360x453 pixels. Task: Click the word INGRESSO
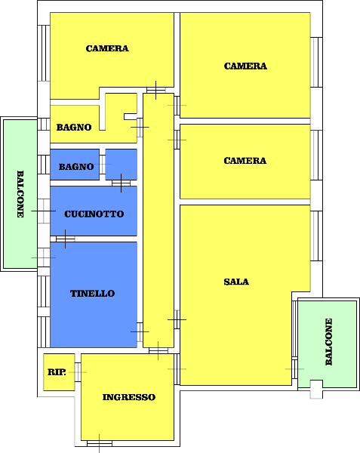129,397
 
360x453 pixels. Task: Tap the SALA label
236,282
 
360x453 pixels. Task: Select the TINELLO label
92,294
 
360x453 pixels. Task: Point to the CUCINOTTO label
94,214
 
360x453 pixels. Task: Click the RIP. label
57,372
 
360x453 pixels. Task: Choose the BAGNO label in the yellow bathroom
74,128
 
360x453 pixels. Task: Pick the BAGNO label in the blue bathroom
76,167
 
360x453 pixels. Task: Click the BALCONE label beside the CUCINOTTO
20,194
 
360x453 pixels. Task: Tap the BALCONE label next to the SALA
329,342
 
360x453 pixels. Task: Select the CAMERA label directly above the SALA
245,161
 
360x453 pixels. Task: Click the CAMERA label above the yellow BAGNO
107,48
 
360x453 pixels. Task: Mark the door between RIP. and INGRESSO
78,372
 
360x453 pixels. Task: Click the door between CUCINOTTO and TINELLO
65,239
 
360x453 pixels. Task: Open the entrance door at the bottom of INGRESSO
100,443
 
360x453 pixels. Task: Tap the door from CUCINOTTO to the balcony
44,211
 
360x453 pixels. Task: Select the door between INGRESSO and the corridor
158,350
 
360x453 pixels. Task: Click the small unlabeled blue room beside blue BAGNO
121,165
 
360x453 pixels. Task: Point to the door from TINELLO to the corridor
140,332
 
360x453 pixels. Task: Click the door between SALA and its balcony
294,369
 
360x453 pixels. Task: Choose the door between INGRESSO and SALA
177,369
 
